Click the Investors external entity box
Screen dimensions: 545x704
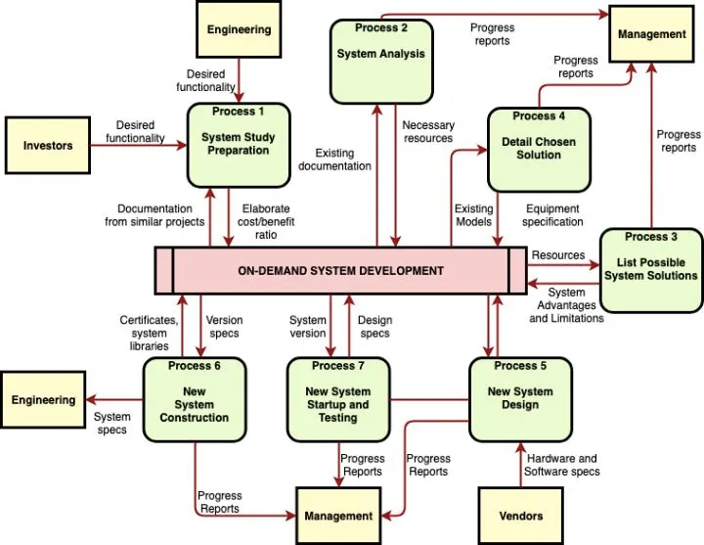[x=49, y=146]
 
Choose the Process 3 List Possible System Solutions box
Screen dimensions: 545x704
[x=651, y=269]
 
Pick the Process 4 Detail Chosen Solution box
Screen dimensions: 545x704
[x=539, y=149]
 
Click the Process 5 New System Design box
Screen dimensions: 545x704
[x=520, y=398]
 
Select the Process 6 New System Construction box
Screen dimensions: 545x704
[x=195, y=398]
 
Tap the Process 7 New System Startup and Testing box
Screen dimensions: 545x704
[x=337, y=398]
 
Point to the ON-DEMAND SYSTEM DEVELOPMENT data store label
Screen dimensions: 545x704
[x=340, y=271]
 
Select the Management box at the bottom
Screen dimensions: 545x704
[x=338, y=515]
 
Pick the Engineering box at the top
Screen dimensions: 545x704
[x=239, y=29]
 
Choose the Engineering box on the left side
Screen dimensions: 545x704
[x=43, y=399]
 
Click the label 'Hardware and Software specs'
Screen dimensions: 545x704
[x=562, y=465]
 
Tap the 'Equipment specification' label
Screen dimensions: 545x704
[x=552, y=215]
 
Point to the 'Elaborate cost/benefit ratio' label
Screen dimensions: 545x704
[x=266, y=221]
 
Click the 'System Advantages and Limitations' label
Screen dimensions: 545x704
[x=567, y=304]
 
